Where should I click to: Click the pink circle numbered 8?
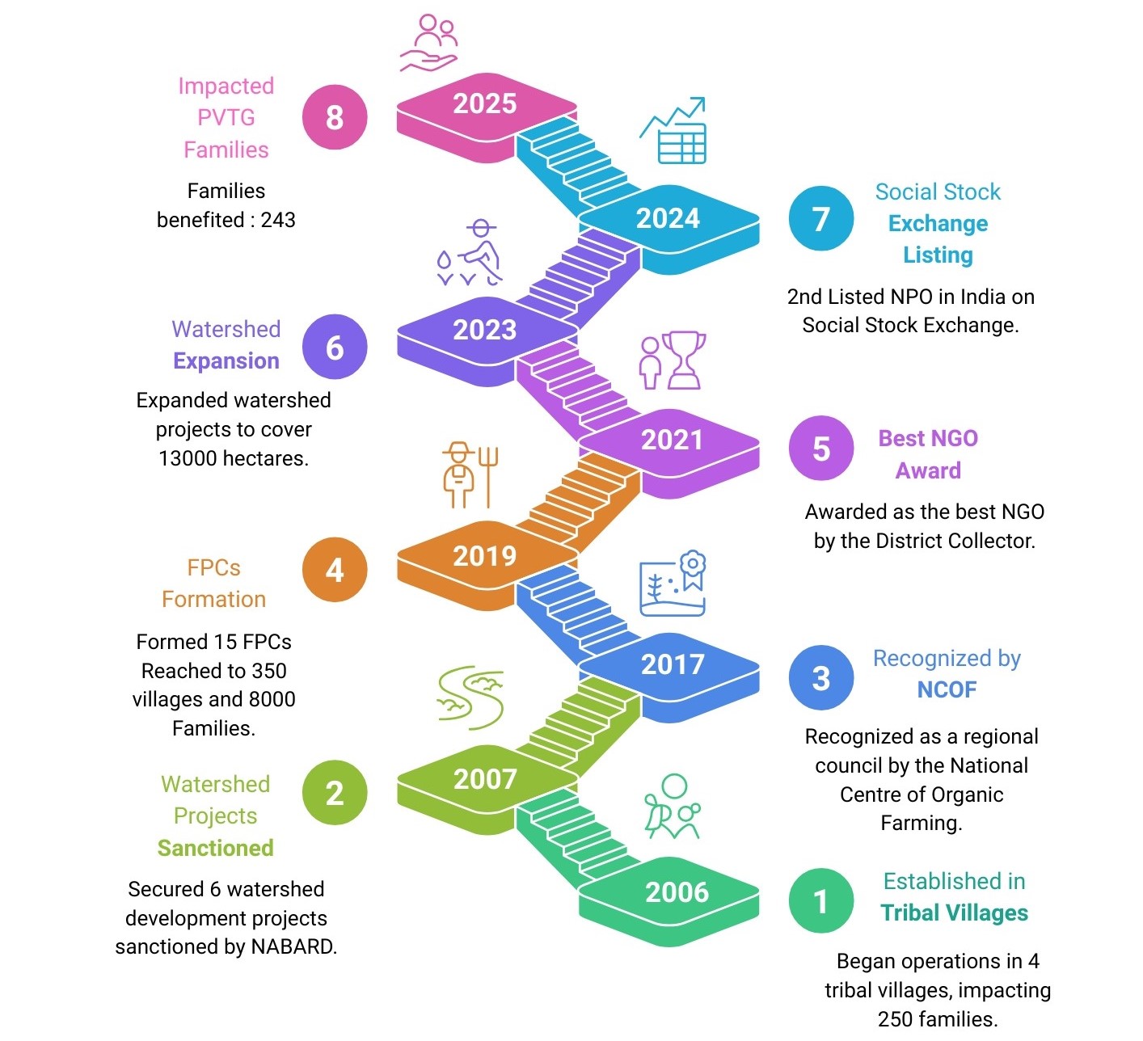click(335, 117)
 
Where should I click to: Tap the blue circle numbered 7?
click(820, 218)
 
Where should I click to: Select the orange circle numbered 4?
click(335, 570)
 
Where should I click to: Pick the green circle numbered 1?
click(820, 900)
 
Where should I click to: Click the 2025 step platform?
click(485, 109)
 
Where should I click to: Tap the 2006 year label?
click(677, 892)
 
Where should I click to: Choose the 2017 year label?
click(673, 664)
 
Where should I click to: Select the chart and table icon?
click(674, 132)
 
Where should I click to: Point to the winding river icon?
click(470, 697)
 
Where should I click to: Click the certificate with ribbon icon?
click(673, 584)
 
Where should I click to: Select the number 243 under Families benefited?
click(278, 220)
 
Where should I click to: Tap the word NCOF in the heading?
click(947, 689)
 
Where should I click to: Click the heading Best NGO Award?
click(928, 454)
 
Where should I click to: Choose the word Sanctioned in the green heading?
click(215, 848)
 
